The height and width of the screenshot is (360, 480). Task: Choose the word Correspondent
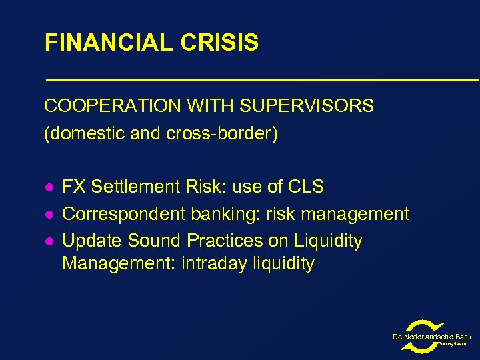point(124,215)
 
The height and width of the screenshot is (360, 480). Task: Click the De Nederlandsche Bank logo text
point(432,337)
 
